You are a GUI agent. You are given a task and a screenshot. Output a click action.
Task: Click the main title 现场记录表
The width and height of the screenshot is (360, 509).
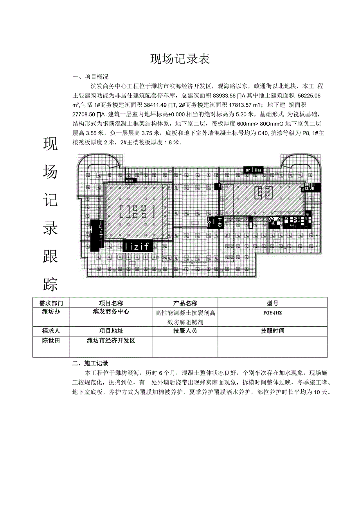(180, 59)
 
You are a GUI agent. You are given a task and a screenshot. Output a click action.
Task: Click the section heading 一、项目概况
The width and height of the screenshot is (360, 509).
(90, 77)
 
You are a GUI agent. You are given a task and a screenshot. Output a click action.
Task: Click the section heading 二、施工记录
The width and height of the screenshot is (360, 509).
(90, 363)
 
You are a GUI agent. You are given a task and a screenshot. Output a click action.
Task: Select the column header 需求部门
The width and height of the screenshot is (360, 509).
(51, 303)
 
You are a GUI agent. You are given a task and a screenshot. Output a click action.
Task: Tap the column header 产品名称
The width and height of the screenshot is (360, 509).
(185, 303)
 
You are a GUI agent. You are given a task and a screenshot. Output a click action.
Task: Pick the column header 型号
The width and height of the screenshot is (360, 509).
(272, 303)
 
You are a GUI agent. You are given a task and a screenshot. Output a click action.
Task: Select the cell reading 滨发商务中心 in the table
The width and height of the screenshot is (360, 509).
(111, 312)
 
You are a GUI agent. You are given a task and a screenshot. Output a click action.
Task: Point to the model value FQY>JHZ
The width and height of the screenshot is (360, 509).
(272, 313)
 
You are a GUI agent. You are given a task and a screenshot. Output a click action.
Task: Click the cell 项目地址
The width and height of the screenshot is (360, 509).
(111, 331)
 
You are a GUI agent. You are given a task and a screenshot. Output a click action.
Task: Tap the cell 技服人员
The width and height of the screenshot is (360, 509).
(185, 331)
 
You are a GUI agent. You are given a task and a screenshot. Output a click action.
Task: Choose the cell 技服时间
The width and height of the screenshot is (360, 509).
(272, 331)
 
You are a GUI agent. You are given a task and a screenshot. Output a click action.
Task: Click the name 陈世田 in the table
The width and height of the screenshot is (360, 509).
(51, 340)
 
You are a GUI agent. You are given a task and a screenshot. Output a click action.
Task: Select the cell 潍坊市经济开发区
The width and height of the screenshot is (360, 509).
(111, 340)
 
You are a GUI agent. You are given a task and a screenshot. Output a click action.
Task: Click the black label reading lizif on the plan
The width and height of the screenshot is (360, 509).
(137, 246)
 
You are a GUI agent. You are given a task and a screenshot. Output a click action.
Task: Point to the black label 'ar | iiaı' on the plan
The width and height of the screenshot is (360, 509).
(254, 170)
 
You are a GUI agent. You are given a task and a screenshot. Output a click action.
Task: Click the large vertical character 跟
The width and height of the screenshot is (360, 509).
(50, 256)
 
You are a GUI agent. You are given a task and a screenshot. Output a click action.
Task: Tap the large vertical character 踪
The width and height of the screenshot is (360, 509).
(50, 284)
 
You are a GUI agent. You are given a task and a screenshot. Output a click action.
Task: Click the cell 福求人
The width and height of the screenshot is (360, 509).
(51, 331)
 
